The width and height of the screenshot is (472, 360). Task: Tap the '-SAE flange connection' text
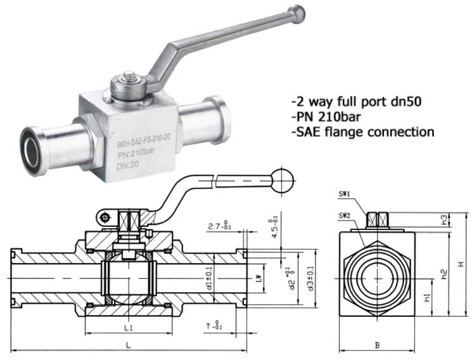[362, 132]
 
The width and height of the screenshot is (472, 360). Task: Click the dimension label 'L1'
[129, 328]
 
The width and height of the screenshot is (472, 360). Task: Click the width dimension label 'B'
[377, 345]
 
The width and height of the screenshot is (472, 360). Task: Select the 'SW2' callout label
[345, 215]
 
